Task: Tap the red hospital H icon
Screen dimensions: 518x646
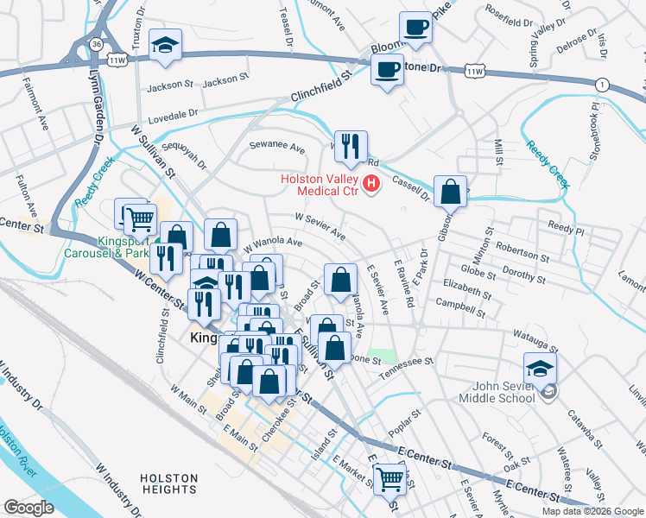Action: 372,183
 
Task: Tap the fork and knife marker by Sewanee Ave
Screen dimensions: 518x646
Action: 351,146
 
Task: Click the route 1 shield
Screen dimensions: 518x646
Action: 601,84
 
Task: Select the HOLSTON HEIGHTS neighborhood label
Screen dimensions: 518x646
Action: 168,483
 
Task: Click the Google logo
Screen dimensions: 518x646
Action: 29,508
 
